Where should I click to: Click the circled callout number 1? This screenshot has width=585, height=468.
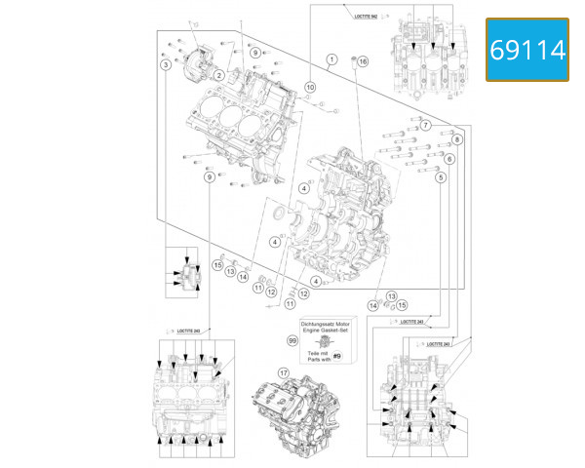click(x=331, y=59)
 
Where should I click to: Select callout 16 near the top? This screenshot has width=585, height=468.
click(x=363, y=61)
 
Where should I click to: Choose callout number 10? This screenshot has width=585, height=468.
click(x=310, y=88)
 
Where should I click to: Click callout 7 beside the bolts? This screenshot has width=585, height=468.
click(x=426, y=126)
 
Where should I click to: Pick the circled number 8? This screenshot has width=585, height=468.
click(x=456, y=140)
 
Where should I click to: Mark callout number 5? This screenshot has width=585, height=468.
click(x=441, y=177)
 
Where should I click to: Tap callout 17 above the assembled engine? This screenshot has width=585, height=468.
click(x=283, y=372)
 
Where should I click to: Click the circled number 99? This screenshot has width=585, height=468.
click(x=292, y=340)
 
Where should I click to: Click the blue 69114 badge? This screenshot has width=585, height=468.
click(x=527, y=49)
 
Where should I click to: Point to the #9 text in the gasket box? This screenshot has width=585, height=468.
click(x=335, y=357)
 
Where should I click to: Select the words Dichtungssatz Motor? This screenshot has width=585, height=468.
click(x=327, y=321)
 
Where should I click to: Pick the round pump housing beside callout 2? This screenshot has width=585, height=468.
click(x=198, y=59)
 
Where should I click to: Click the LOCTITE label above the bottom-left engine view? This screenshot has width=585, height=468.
click(x=182, y=331)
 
